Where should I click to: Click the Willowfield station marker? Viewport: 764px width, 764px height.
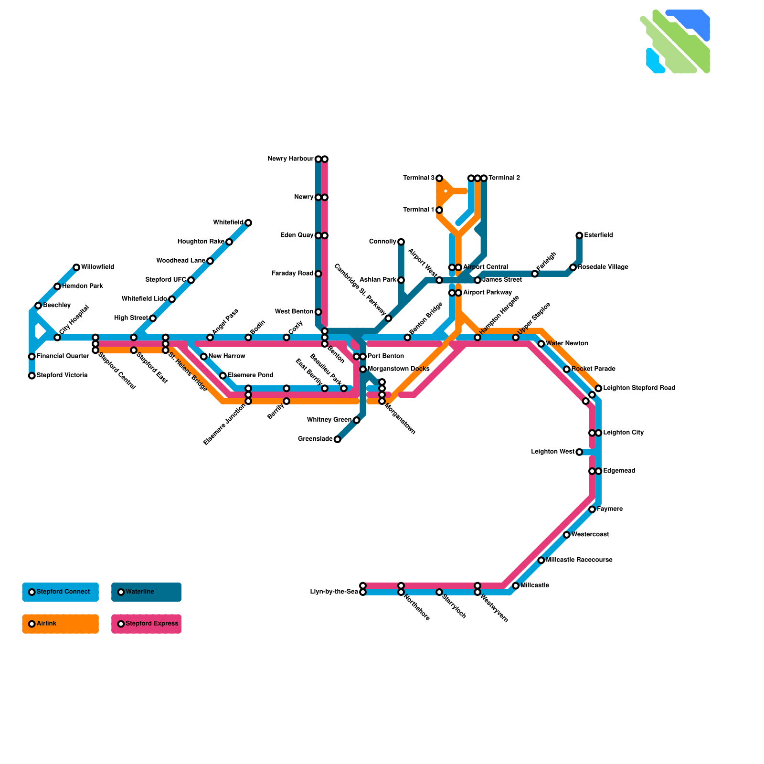pyautogui.click(x=76, y=267)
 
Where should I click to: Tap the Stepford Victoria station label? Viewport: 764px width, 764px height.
pyautogui.click(x=62, y=375)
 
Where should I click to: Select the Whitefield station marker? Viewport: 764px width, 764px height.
pyautogui.click(x=248, y=223)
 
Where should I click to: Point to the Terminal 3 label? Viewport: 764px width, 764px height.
pyautogui.click(x=419, y=178)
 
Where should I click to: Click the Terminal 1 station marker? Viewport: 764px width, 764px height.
pyautogui.click(x=439, y=210)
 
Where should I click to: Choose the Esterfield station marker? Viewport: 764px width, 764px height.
pyautogui.click(x=579, y=235)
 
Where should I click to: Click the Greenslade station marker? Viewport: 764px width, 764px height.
pyautogui.click(x=338, y=439)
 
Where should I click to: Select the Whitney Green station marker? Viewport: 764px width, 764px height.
pyautogui.click(x=357, y=420)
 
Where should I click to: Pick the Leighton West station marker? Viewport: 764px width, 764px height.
pyautogui.click(x=579, y=452)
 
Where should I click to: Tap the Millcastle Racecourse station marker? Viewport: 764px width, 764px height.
pyautogui.click(x=541, y=560)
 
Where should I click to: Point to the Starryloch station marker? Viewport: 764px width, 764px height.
pyautogui.click(x=439, y=592)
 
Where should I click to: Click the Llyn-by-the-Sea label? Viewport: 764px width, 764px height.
pyautogui.click(x=334, y=592)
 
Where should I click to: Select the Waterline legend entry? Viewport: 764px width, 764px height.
pyautogui.click(x=146, y=592)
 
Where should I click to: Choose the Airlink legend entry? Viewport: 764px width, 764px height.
pyautogui.click(x=60, y=624)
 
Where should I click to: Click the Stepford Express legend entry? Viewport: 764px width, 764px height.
pyautogui.click(x=146, y=624)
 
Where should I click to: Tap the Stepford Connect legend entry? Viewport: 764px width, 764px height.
pyautogui.click(x=60, y=592)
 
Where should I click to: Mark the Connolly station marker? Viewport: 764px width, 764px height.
pyautogui.click(x=401, y=242)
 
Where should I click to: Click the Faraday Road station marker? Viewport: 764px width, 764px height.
pyautogui.click(x=318, y=274)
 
